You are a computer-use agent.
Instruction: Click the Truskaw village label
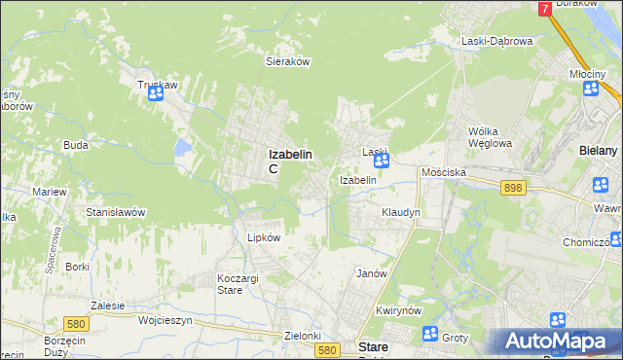(156, 85)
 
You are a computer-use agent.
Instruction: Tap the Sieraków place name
(287, 60)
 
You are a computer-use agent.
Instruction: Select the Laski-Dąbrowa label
(496, 41)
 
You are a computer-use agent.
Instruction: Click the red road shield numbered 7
(544, 8)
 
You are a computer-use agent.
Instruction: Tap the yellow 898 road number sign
(514, 188)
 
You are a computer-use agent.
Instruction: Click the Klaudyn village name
(400, 211)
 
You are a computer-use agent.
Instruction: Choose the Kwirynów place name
(397, 310)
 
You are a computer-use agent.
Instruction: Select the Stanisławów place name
(116, 211)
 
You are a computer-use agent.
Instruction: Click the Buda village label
(76, 145)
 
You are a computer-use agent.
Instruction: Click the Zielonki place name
(303, 336)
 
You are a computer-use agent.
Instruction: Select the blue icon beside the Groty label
(430, 334)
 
